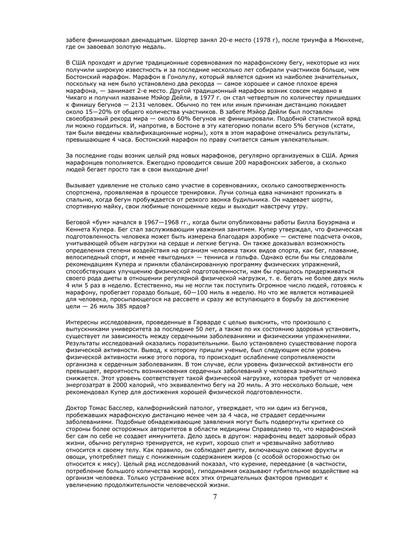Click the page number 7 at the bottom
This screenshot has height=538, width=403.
click(215, 497)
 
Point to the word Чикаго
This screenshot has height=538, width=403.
click(75, 98)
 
